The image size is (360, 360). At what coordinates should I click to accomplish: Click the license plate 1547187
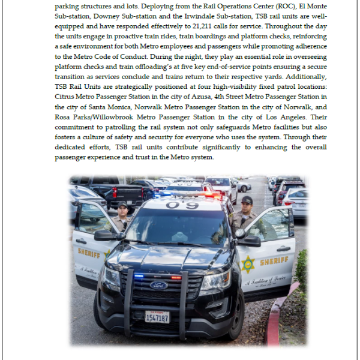click(157, 316)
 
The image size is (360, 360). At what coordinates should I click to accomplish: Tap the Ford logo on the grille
click(158, 285)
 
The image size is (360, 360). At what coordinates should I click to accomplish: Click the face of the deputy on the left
click(122, 210)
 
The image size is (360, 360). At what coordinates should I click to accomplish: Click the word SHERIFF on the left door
click(89, 253)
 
